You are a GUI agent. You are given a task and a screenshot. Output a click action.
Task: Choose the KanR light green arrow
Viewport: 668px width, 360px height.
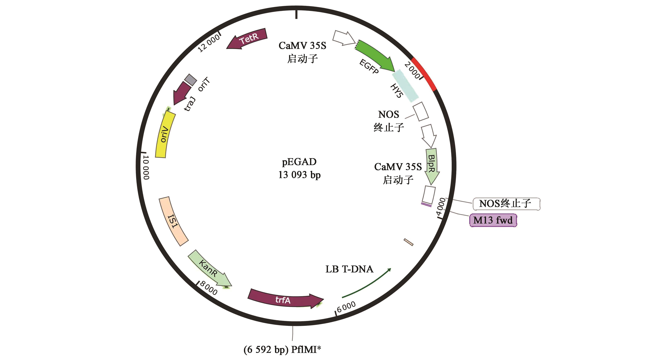pos(209,268)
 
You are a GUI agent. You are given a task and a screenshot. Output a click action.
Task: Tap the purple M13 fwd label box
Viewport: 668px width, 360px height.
pos(493,220)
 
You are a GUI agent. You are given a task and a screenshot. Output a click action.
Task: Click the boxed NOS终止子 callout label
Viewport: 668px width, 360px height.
pos(506,204)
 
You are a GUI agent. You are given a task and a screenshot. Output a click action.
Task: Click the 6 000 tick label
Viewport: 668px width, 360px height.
pos(346,307)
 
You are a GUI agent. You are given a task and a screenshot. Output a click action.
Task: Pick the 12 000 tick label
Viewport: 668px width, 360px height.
pos(209,43)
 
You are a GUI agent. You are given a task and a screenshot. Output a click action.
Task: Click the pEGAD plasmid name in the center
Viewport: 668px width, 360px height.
pos(299,162)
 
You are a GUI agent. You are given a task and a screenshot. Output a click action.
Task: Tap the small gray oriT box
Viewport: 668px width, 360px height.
pos(191,80)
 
